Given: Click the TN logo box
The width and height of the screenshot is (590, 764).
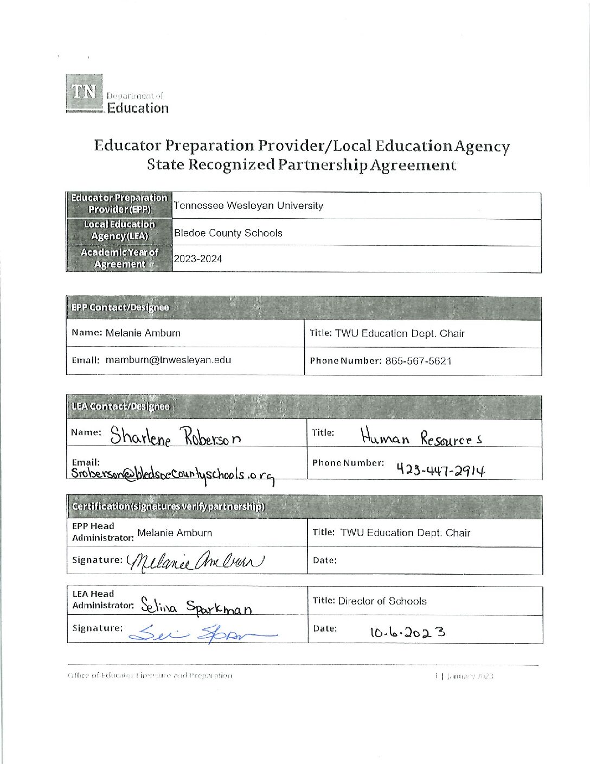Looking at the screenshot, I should pyautogui.click(x=84, y=92).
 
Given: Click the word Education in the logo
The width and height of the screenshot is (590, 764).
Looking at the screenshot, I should pyautogui.click(x=138, y=108).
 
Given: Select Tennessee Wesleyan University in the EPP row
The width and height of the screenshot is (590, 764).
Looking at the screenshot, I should pyautogui.click(x=248, y=206).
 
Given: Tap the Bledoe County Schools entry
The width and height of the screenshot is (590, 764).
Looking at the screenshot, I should pyautogui.click(x=228, y=233).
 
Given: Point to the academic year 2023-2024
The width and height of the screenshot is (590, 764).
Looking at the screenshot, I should pyautogui.click(x=198, y=259).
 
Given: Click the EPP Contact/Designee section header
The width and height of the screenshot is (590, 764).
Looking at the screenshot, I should pyautogui.click(x=120, y=308).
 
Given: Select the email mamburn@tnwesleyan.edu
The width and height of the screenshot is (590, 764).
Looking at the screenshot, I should pyautogui.click(x=168, y=360).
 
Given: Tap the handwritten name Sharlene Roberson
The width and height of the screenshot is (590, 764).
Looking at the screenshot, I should pyautogui.click(x=176, y=436).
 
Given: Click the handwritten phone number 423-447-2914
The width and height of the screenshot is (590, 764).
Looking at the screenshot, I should pyautogui.click(x=440, y=469).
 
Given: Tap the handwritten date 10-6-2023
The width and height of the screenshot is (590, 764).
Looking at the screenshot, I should pyautogui.click(x=408, y=632).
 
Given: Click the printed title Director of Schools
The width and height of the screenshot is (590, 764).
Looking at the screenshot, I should pyautogui.click(x=382, y=601).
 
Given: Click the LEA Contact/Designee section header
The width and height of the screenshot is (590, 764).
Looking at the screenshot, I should pyautogui.click(x=120, y=406).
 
